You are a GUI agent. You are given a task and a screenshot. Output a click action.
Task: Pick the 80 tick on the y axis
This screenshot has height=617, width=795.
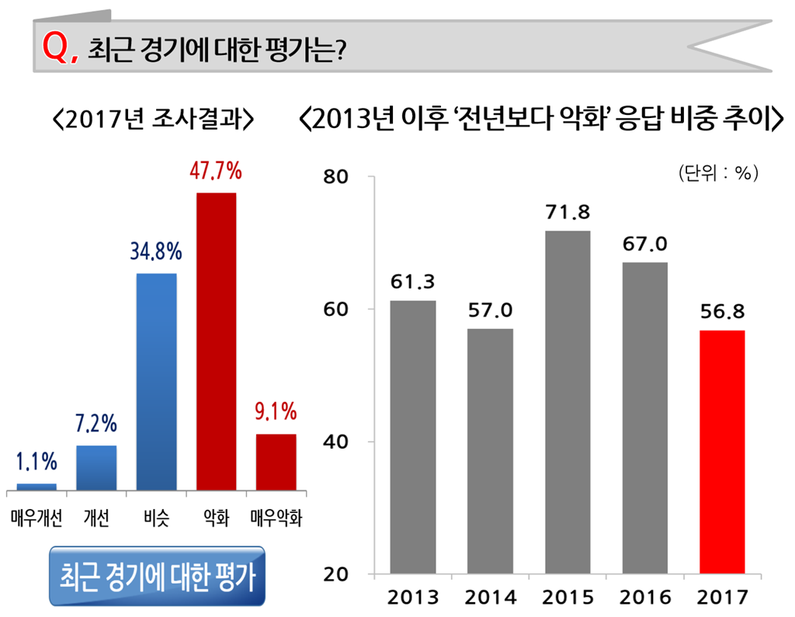point(338,177)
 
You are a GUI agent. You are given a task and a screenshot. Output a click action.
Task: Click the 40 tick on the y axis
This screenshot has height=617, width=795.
point(338,442)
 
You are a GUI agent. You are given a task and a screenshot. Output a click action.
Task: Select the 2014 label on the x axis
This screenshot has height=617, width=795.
point(490,598)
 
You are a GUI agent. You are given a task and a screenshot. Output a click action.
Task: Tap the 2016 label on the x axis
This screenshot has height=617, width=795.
point(644,598)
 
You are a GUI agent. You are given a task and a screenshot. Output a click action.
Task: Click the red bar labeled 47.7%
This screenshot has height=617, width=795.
point(216,341)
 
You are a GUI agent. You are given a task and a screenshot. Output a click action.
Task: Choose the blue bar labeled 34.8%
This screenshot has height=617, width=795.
point(156,381)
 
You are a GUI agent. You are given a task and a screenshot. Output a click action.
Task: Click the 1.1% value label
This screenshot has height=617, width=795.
point(36,462)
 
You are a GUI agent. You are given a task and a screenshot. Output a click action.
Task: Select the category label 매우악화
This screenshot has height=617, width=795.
point(276,518)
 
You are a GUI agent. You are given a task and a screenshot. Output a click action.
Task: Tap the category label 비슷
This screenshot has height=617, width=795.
point(156,518)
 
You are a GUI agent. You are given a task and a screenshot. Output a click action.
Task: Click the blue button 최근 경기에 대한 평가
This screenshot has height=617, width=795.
point(157,576)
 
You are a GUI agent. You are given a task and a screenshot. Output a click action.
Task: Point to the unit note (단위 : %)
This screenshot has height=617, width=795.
point(717,173)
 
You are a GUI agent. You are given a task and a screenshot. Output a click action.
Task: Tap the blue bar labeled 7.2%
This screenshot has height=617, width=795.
point(96,467)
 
